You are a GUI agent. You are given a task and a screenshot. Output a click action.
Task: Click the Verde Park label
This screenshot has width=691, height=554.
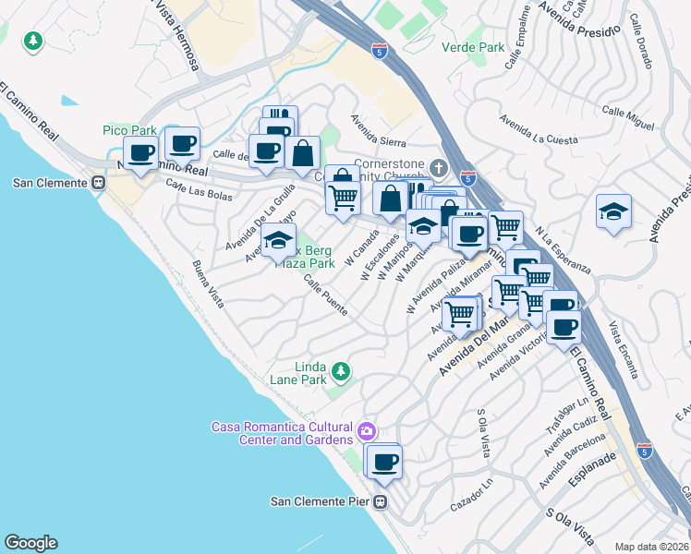tap(473, 47)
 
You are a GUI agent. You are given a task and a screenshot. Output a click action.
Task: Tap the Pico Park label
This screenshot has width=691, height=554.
tap(129, 131)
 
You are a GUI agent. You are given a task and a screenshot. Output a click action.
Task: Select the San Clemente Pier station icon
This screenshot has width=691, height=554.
tap(380, 502)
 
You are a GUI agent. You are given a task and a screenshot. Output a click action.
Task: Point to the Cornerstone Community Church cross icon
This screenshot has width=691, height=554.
tap(438, 168)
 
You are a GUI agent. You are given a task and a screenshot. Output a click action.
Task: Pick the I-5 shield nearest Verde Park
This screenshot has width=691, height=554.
tap(379, 50)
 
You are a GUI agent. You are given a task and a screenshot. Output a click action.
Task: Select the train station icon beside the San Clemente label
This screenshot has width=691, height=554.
tap(97, 182)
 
